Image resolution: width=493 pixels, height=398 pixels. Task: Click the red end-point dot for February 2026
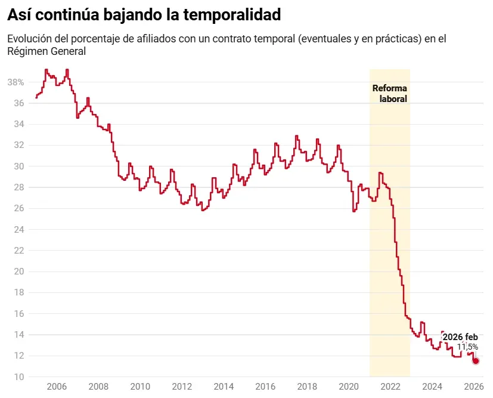click(476, 361)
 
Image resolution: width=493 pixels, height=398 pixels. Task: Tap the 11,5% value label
click(467, 347)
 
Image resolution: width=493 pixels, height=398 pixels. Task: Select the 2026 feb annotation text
click(460, 337)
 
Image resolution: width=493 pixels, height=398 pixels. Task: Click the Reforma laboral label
click(390, 94)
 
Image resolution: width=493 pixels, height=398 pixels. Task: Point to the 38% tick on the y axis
click(15, 82)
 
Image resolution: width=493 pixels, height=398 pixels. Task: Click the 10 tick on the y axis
click(18, 377)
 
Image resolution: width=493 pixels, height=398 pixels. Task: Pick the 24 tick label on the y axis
click(18, 230)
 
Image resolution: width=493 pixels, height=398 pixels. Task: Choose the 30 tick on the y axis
click(18, 166)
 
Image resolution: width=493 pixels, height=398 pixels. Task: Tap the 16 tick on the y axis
click(18, 314)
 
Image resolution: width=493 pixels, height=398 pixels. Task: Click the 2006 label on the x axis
click(57, 386)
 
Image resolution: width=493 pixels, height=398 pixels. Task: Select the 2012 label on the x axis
click(182, 386)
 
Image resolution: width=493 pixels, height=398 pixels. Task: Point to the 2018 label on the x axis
click(306, 386)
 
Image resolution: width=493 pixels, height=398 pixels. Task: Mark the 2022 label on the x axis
click(390, 386)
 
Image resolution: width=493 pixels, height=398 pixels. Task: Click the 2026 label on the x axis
click(473, 386)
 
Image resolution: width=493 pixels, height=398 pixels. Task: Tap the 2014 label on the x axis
click(223, 386)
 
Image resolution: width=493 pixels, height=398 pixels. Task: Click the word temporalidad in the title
click(231, 14)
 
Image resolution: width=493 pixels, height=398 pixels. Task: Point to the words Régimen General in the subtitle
click(46, 52)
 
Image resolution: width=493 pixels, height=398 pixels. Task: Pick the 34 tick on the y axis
click(18, 124)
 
